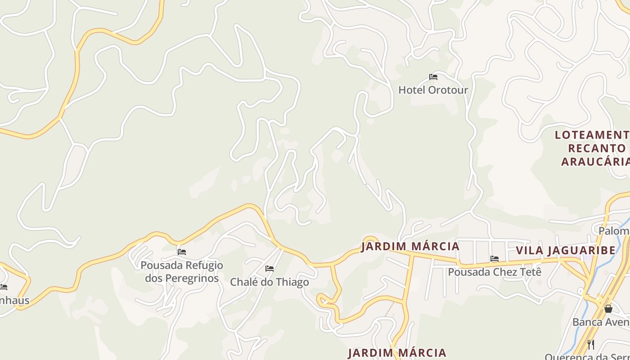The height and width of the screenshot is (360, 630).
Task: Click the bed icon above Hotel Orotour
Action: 433,77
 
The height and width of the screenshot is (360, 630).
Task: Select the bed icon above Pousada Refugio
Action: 182,252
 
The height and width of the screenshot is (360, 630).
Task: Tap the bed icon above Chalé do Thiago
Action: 270,269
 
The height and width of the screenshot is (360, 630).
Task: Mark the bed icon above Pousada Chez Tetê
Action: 495,259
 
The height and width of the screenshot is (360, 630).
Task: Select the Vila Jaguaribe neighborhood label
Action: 565,251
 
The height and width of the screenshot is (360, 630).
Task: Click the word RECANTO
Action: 597,148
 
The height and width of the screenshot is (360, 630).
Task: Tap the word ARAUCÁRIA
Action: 595,162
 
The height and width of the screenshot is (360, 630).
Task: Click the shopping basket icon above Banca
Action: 608,309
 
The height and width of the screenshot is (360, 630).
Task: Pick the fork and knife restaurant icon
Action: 591,345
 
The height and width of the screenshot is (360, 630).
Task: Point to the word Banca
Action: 586,322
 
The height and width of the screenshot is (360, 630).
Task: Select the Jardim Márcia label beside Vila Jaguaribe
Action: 410,247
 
